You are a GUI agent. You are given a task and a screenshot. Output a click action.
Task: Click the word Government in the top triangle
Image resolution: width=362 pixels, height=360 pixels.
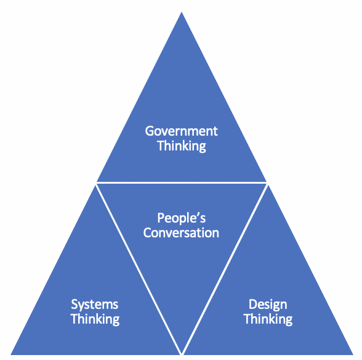181,131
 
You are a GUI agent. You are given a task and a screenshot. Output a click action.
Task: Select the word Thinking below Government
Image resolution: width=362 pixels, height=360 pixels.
182,146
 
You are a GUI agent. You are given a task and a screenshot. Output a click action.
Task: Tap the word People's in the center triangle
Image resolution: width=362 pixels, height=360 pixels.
181,218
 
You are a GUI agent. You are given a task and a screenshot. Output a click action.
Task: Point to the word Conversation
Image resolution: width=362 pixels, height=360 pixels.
181,232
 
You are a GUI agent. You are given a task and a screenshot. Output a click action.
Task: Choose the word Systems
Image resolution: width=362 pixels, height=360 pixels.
95,305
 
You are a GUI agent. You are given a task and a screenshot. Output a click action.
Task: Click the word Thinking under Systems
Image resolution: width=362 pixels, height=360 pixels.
95,319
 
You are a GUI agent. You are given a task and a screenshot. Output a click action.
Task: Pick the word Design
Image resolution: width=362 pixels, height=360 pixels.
268,305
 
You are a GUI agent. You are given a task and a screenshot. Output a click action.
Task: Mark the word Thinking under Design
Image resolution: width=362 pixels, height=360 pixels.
268,319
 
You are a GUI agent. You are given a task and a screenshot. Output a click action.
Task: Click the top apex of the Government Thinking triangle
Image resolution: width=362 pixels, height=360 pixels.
182,12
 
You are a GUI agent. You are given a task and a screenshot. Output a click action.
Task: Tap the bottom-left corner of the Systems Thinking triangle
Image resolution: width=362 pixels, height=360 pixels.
11,354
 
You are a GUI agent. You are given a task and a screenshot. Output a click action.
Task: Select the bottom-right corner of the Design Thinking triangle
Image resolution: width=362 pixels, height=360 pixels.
353,354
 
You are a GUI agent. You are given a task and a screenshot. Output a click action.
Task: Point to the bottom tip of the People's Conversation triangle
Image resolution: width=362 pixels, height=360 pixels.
182,354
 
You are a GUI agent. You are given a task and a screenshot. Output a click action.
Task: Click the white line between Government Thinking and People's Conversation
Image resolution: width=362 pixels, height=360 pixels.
182,183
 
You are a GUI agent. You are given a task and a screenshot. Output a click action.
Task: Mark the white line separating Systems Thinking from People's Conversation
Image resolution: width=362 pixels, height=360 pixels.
139,269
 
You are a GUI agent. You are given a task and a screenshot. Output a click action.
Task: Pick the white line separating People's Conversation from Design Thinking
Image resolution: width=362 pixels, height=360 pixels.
225,269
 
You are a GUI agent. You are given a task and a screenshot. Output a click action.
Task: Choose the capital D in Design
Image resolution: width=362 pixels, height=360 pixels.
253,305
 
